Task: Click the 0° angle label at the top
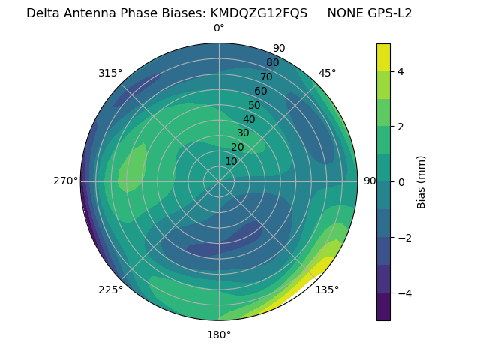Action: [x=219, y=28]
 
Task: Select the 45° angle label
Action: [x=327, y=73]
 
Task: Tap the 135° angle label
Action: [x=327, y=289]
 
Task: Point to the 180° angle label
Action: [x=219, y=334]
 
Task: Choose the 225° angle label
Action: [x=110, y=289]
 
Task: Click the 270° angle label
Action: [x=66, y=181]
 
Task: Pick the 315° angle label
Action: [x=110, y=73]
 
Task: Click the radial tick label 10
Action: [x=231, y=161]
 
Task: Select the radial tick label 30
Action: [x=243, y=133]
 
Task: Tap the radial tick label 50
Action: [x=255, y=105]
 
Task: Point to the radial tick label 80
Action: [x=272, y=63]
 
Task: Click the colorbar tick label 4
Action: [x=400, y=71]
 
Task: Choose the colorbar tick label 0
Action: [x=400, y=182]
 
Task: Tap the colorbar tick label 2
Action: [x=400, y=127]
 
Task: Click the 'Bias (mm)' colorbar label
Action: [x=421, y=182]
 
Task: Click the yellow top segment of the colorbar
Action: [x=383, y=57]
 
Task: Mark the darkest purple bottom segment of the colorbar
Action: [x=383, y=307]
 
